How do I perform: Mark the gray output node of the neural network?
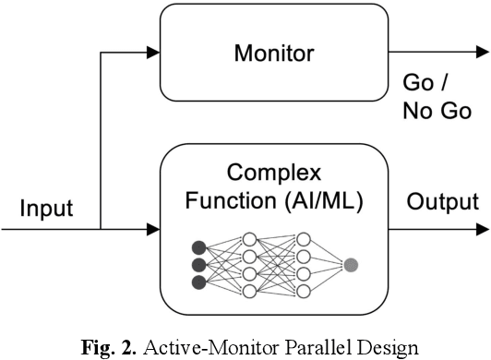350,265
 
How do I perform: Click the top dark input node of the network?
197,247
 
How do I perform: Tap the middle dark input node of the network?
197,265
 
